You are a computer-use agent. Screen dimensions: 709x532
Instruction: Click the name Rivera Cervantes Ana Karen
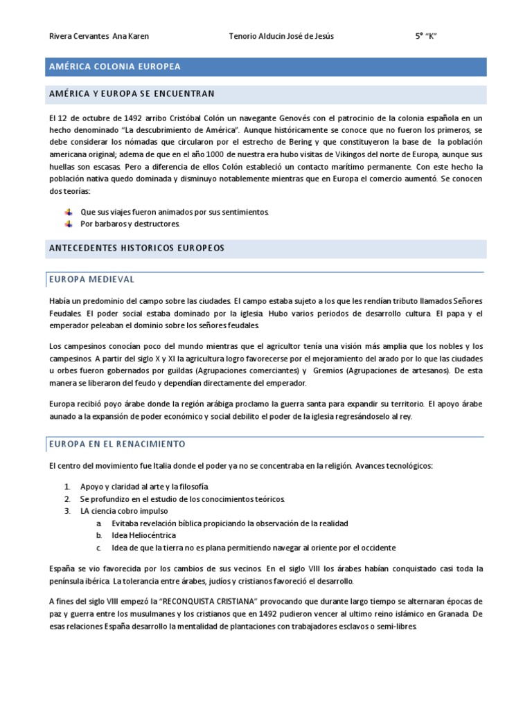[100, 37]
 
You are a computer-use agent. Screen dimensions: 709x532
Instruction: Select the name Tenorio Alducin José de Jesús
[281, 37]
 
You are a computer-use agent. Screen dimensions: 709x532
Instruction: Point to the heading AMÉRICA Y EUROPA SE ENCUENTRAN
[132, 94]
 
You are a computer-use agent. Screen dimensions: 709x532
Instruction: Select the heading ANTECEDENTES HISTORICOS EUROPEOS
[136, 248]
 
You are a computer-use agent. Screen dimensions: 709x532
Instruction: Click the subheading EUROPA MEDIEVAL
[91, 279]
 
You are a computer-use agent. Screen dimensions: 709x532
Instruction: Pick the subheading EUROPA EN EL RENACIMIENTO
[117, 444]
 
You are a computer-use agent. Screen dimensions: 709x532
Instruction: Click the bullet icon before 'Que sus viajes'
[68, 212]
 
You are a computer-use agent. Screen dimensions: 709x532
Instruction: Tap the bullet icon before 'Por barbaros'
[68, 224]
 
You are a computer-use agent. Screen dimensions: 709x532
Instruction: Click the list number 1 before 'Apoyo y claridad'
[67, 487]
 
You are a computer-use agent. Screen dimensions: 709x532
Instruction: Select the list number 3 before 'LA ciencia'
[67, 511]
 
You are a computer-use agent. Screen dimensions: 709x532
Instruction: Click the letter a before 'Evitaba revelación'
[99, 523]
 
